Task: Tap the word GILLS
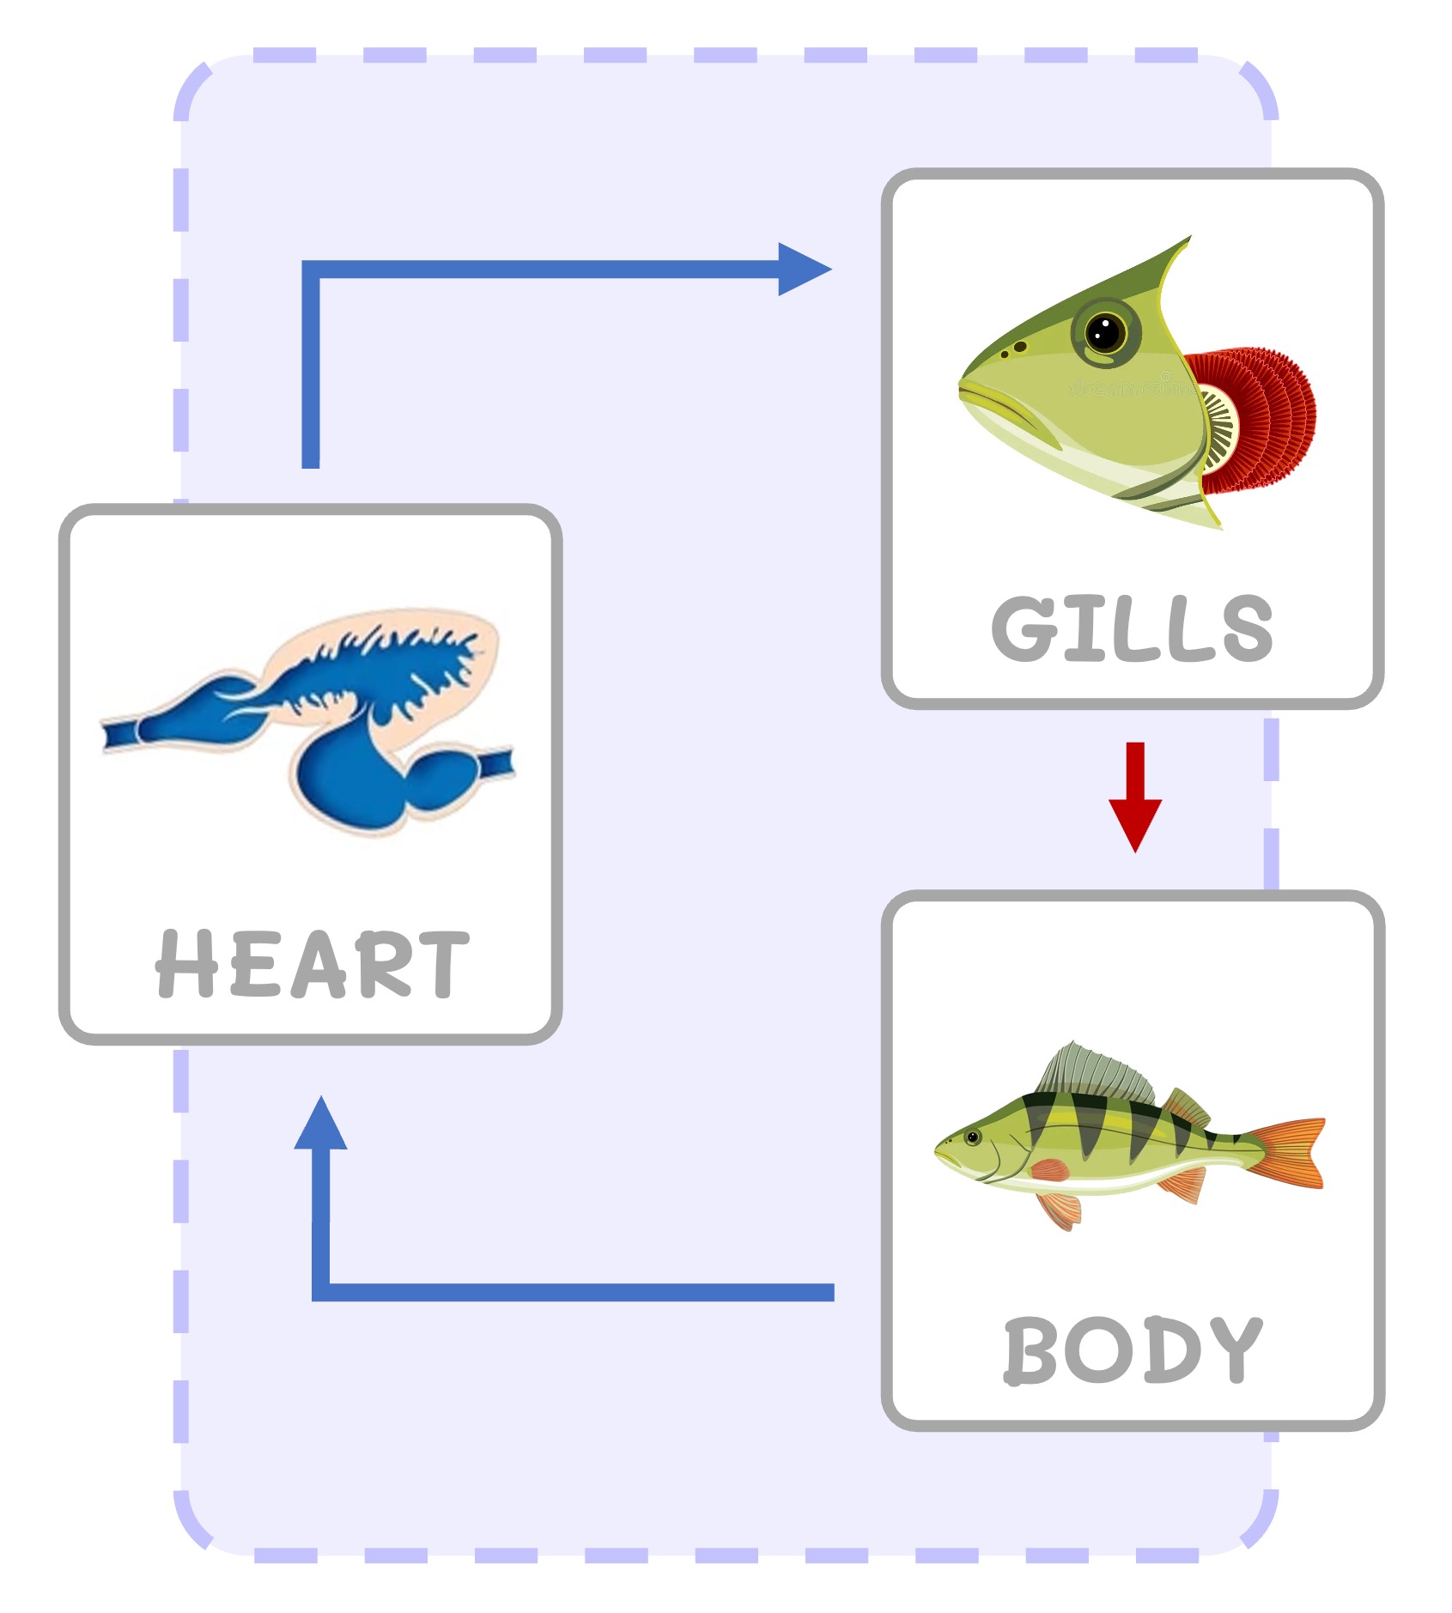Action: pyautogui.click(x=1132, y=628)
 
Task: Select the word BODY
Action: pyautogui.click(x=1133, y=1349)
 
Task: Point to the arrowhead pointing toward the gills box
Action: pyautogui.click(x=803, y=270)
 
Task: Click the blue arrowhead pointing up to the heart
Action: pyautogui.click(x=320, y=1125)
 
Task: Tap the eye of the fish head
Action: pyautogui.click(x=1105, y=331)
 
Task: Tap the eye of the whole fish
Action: pyautogui.click(x=973, y=1137)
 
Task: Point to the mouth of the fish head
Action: pyautogui.click(x=987, y=399)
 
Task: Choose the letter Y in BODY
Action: pyautogui.click(x=1233, y=1349)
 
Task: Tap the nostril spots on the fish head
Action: pyautogui.click(x=1014, y=349)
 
